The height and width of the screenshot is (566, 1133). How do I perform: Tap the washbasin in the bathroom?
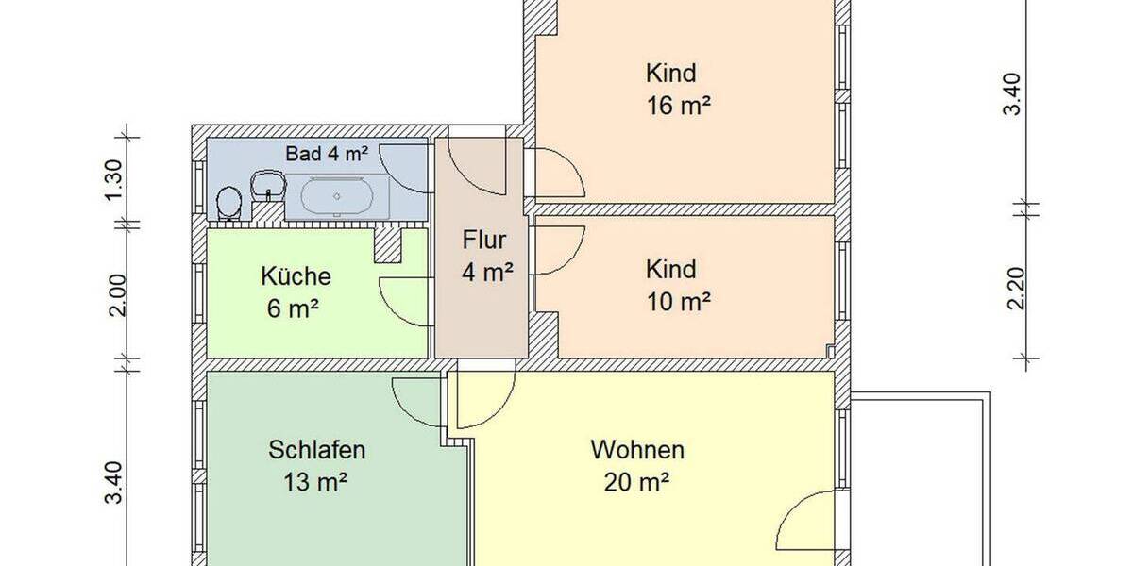pos(269,183)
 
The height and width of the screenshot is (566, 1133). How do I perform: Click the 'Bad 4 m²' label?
pos(327,152)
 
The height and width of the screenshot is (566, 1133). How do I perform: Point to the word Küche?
pos(296,277)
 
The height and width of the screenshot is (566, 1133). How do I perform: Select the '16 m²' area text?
pos(678,106)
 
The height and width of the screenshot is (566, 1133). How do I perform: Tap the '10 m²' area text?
pos(678,302)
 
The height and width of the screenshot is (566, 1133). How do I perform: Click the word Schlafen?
pos(316,449)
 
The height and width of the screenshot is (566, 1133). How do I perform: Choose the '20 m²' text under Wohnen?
pos(637,483)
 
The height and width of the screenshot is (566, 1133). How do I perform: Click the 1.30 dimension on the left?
pos(113,176)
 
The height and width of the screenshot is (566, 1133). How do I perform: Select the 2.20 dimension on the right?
pos(1016,288)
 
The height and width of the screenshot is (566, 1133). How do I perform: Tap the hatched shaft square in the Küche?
pos(388,245)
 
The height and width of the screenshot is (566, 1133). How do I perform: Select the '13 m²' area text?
pos(316,483)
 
